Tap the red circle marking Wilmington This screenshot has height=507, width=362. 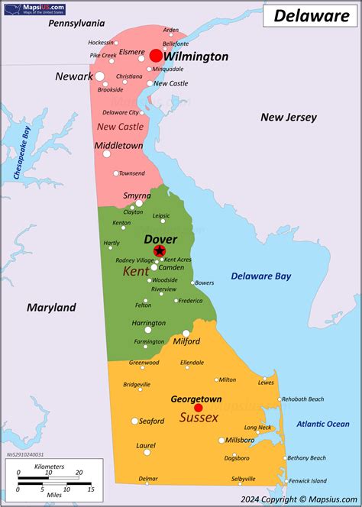[x=156, y=56]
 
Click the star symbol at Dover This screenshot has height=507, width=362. [x=159, y=251]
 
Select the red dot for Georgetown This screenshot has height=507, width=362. [x=199, y=408]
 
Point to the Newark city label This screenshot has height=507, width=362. [x=73, y=76]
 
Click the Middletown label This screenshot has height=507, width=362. [x=118, y=145]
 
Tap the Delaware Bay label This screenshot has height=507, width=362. [x=260, y=276]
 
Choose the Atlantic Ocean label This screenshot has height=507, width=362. [x=323, y=424]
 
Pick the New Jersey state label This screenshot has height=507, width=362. [x=286, y=117]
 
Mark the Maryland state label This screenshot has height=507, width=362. [x=51, y=308]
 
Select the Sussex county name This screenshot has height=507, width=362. [x=199, y=418]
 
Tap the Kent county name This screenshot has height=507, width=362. [x=136, y=271]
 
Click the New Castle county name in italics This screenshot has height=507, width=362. [x=120, y=126]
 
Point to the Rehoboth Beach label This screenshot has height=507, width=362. [x=302, y=399]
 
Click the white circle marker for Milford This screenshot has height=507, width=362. [x=186, y=333]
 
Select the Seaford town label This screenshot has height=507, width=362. [x=151, y=421]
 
